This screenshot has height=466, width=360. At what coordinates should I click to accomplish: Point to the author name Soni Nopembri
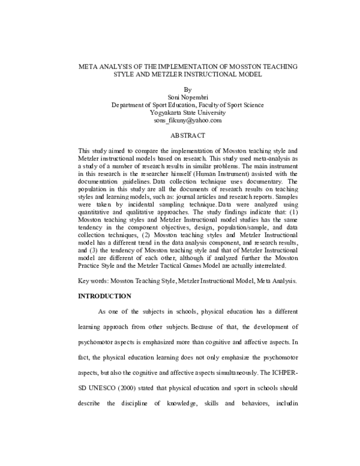179,96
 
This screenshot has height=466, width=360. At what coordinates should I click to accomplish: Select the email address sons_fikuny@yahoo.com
179,120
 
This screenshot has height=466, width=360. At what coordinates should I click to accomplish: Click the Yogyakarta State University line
179,112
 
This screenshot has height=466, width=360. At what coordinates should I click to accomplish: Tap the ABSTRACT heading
179,136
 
